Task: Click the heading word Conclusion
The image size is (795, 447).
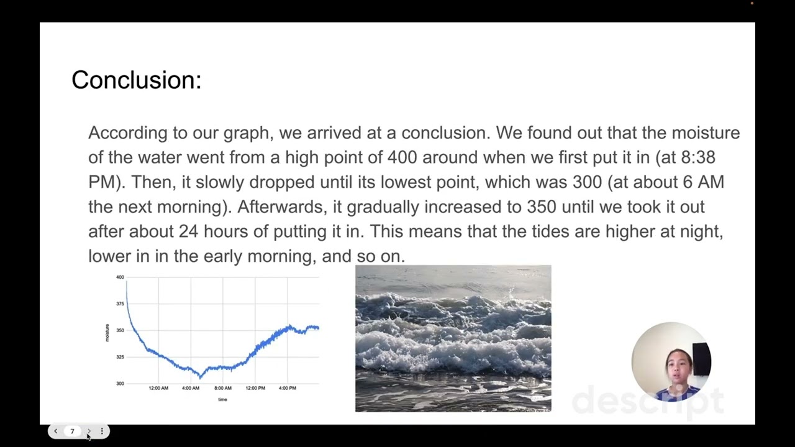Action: pos(135,80)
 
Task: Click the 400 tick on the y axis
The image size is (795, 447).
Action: pos(120,277)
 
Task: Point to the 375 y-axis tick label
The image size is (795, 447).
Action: pos(120,304)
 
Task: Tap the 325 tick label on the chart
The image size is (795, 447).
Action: pos(120,357)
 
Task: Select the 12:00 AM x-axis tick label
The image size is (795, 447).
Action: pos(158,388)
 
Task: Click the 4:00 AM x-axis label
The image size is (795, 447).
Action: pos(191,388)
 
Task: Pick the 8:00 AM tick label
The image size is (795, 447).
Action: pos(223,388)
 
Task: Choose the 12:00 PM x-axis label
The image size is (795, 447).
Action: pos(255,388)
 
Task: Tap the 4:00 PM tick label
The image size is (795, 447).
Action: pos(288,388)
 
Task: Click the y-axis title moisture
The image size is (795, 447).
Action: pos(107,333)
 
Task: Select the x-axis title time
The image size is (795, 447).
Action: pos(222,400)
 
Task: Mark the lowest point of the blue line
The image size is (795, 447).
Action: pos(200,376)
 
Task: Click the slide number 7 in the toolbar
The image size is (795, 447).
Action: pos(72,431)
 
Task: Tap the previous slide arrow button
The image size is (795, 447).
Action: pos(55,431)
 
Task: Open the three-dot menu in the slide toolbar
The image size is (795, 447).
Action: pos(102,431)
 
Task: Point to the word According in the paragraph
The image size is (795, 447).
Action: pos(128,133)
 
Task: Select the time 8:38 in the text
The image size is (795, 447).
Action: pos(698,158)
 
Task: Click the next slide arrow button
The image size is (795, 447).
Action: pos(88,431)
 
